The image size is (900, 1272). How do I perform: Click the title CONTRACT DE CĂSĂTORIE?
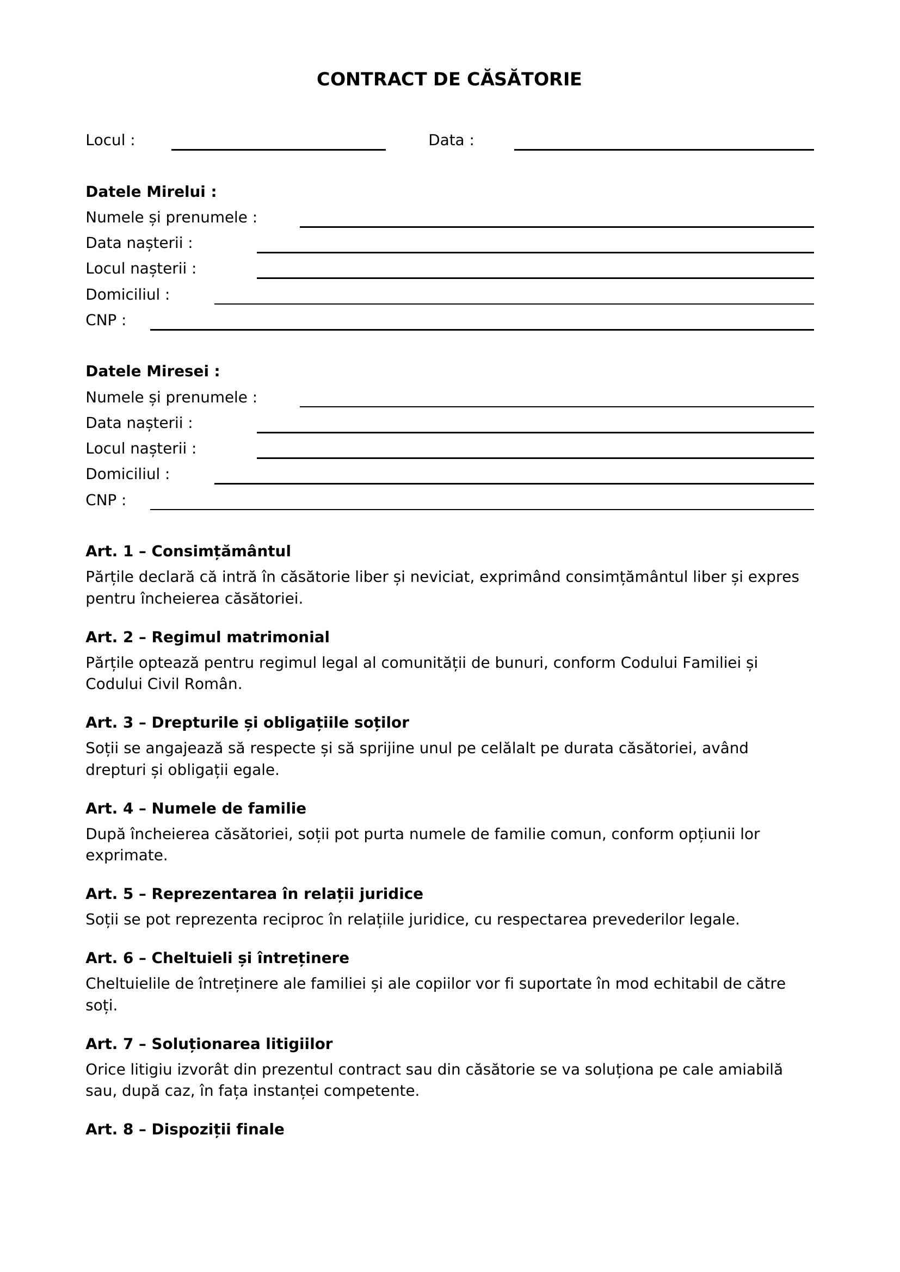tap(449, 79)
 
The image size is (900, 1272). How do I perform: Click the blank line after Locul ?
tap(278, 148)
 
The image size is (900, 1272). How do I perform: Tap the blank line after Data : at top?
tap(663, 148)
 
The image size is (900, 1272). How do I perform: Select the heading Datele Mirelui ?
tap(151, 191)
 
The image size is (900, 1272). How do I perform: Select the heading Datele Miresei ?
tap(152, 371)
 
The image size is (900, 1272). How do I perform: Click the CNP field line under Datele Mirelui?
tap(482, 328)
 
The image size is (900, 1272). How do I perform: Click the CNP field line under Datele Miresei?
tap(482, 508)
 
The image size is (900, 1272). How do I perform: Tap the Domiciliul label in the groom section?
tap(127, 295)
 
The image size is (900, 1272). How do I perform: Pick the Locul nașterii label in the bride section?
tap(141, 448)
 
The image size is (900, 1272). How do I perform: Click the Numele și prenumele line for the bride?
tap(557, 406)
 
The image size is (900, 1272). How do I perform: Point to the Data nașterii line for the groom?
tap(535, 252)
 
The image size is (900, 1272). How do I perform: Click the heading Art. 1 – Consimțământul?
tap(188, 551)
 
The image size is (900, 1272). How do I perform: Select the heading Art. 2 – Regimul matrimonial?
tap(207, 637)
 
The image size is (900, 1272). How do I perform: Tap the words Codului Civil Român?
tap(163, 684)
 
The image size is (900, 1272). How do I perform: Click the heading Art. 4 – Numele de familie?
tap(196, 808)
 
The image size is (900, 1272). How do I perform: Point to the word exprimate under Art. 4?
tap(126, 855)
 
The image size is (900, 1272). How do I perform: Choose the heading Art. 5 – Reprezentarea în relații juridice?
tap(254, 893)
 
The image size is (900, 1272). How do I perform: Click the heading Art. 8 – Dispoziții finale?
tap(184, 1129)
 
